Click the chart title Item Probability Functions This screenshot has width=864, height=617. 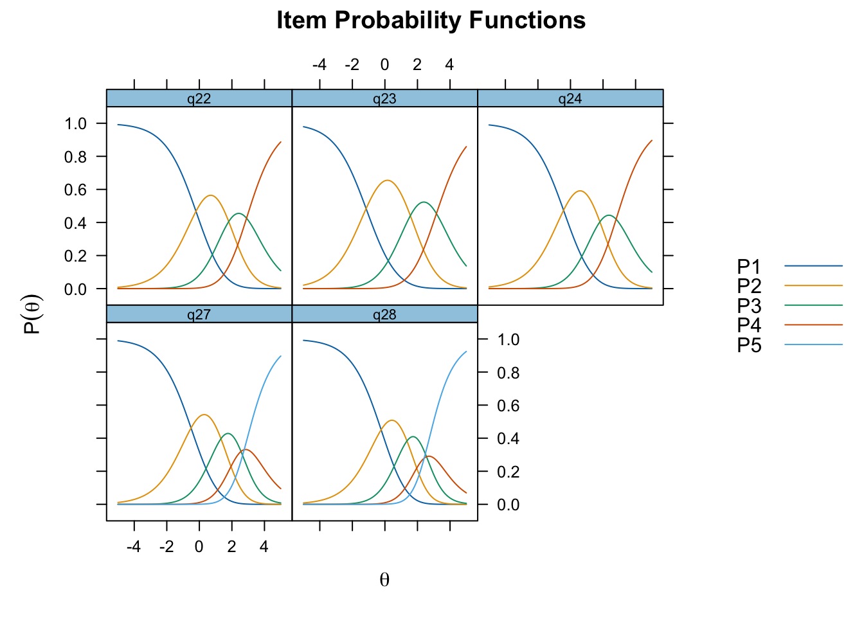pyautogui.click(x=431, y=20)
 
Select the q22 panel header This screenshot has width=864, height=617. pyautogui.click(x=199, y=99)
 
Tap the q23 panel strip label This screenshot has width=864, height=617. pyautogui.click(x=384, y=99)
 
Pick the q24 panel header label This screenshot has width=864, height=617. pyautogui.click(x=570, y=99)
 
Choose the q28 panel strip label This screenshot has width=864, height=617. pyautogui.click(x=384, y=315)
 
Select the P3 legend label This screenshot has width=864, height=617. pyautogui.click(x=749, y=306)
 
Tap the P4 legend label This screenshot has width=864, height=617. pyautogui.click(x=749, y=325)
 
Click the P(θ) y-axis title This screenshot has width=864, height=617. pyautogui.click(x=32, y=314)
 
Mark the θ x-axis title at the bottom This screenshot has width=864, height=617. pyautogui.click(x=384, y=580)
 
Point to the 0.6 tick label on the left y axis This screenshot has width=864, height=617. pyautogui.click(x=75, y=190)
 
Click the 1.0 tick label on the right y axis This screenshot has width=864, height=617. pyautogui.click(x=509, y=340)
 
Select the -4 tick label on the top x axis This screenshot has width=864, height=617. pyautogui.click(x=319, y=65)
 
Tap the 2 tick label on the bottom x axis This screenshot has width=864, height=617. pyautogui.click(x=231, y=546)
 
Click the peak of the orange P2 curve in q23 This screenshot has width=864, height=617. pyautogui.click(x=387, y=180)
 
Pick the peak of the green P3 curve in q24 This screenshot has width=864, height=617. pyautogui.click(x=609, y=215)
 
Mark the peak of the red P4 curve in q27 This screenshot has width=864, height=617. pyautogui.click(x=246, y=450)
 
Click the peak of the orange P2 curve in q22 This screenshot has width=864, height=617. pyautogui.click(x=211, y=195)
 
